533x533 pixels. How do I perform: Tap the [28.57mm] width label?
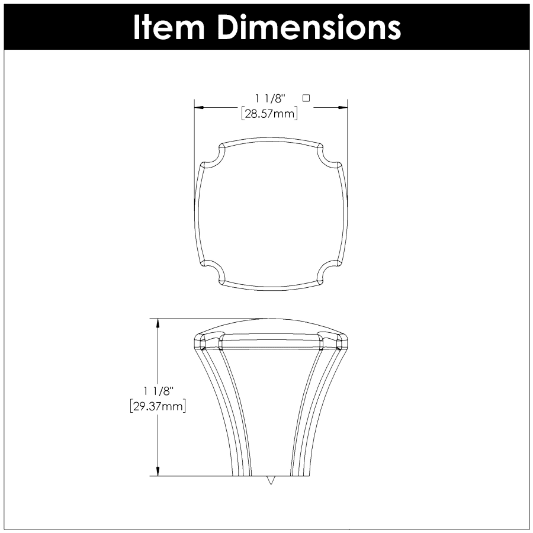pyautogui.click(x=269, y=114)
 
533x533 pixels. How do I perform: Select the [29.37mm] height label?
pyautogui.click(x=158, y=406)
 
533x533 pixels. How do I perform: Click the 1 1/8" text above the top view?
pyautogui.click(x=269, y=98)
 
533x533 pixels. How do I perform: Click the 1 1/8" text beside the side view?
pyautogui.click(x=158, y=391)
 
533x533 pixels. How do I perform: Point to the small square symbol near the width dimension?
pyautogui.click(x=306, y=97)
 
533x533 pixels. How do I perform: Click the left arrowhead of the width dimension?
pyautogui.click(x=200, y=107)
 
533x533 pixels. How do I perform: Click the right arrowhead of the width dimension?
pyautogui.click(x=342, y=107)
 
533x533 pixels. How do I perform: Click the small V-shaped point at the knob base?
pyautogui.click(x=271, y=480)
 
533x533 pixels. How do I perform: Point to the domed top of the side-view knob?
pyautogui.click(x=270, y=326)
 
